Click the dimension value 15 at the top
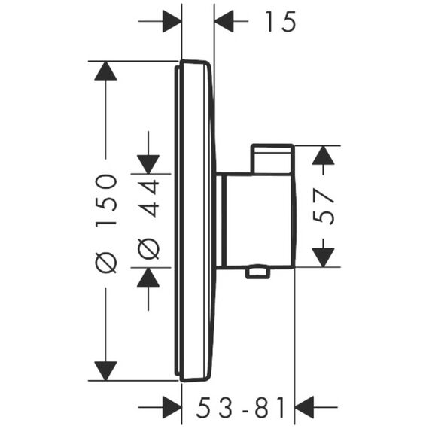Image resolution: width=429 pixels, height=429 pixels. click(x=281, y=21)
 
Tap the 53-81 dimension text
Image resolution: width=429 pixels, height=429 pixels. click(x=240, y=408)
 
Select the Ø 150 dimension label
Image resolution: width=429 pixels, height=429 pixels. click(x=106, y=224)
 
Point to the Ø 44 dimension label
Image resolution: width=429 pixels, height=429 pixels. click(x=148, y=219)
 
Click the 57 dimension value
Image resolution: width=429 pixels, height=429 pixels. click(x=324, y=206)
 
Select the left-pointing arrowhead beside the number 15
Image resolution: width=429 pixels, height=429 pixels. click(x=224, y=21)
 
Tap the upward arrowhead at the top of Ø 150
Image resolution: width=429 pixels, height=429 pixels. click(x=105, y=71)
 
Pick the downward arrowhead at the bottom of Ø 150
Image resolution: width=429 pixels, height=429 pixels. click(x=105, y=371)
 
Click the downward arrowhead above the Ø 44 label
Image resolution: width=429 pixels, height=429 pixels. click(x=148, y=164)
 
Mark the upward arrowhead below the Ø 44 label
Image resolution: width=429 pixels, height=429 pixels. click(x=148, y=277)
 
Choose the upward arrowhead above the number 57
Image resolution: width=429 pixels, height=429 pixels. click(x=323, y=155)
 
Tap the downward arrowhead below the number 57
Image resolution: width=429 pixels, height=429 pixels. click(x=323, y=257)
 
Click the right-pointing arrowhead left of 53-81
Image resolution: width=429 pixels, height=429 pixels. click(x=172, y=407)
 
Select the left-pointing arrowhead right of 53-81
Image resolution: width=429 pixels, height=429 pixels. click(x=304, y=407)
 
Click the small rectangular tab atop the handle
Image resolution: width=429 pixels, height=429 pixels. click(x=272, y=159)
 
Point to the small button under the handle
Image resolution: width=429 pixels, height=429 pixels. click(x=258, y=272)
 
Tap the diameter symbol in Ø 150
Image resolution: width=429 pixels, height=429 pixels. click(x=106, y=263)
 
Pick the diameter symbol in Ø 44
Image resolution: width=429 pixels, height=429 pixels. click(x=148, y=248)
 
